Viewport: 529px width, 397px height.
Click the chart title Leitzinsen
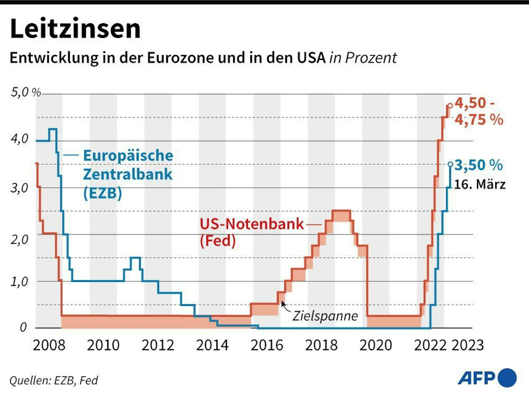point(75,29)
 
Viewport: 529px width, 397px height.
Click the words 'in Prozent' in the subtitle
point(363,58)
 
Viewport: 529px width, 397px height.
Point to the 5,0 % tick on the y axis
point(26,92)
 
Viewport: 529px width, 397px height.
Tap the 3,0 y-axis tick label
point(19,188)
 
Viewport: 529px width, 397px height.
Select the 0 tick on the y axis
point(23,327)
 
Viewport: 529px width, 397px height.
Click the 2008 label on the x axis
point(49,345)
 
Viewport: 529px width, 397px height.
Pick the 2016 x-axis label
point(267,345)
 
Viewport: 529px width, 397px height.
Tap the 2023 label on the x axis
point(467,345)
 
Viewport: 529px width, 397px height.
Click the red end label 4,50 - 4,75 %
point(479,111)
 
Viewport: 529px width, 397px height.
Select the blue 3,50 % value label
point(479,165)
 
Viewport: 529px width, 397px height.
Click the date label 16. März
point(479,184)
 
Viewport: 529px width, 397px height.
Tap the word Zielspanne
point(325,316)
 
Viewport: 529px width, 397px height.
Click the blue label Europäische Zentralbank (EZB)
point(128,174)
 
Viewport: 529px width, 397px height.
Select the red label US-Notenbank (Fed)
point(251,232)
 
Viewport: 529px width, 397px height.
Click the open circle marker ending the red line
point(450,106)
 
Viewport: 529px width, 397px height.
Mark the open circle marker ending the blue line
point(450,164)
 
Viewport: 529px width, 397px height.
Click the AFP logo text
point(476,378)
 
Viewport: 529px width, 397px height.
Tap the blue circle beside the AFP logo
point(507,378)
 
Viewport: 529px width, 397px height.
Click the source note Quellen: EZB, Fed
point(54,380)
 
